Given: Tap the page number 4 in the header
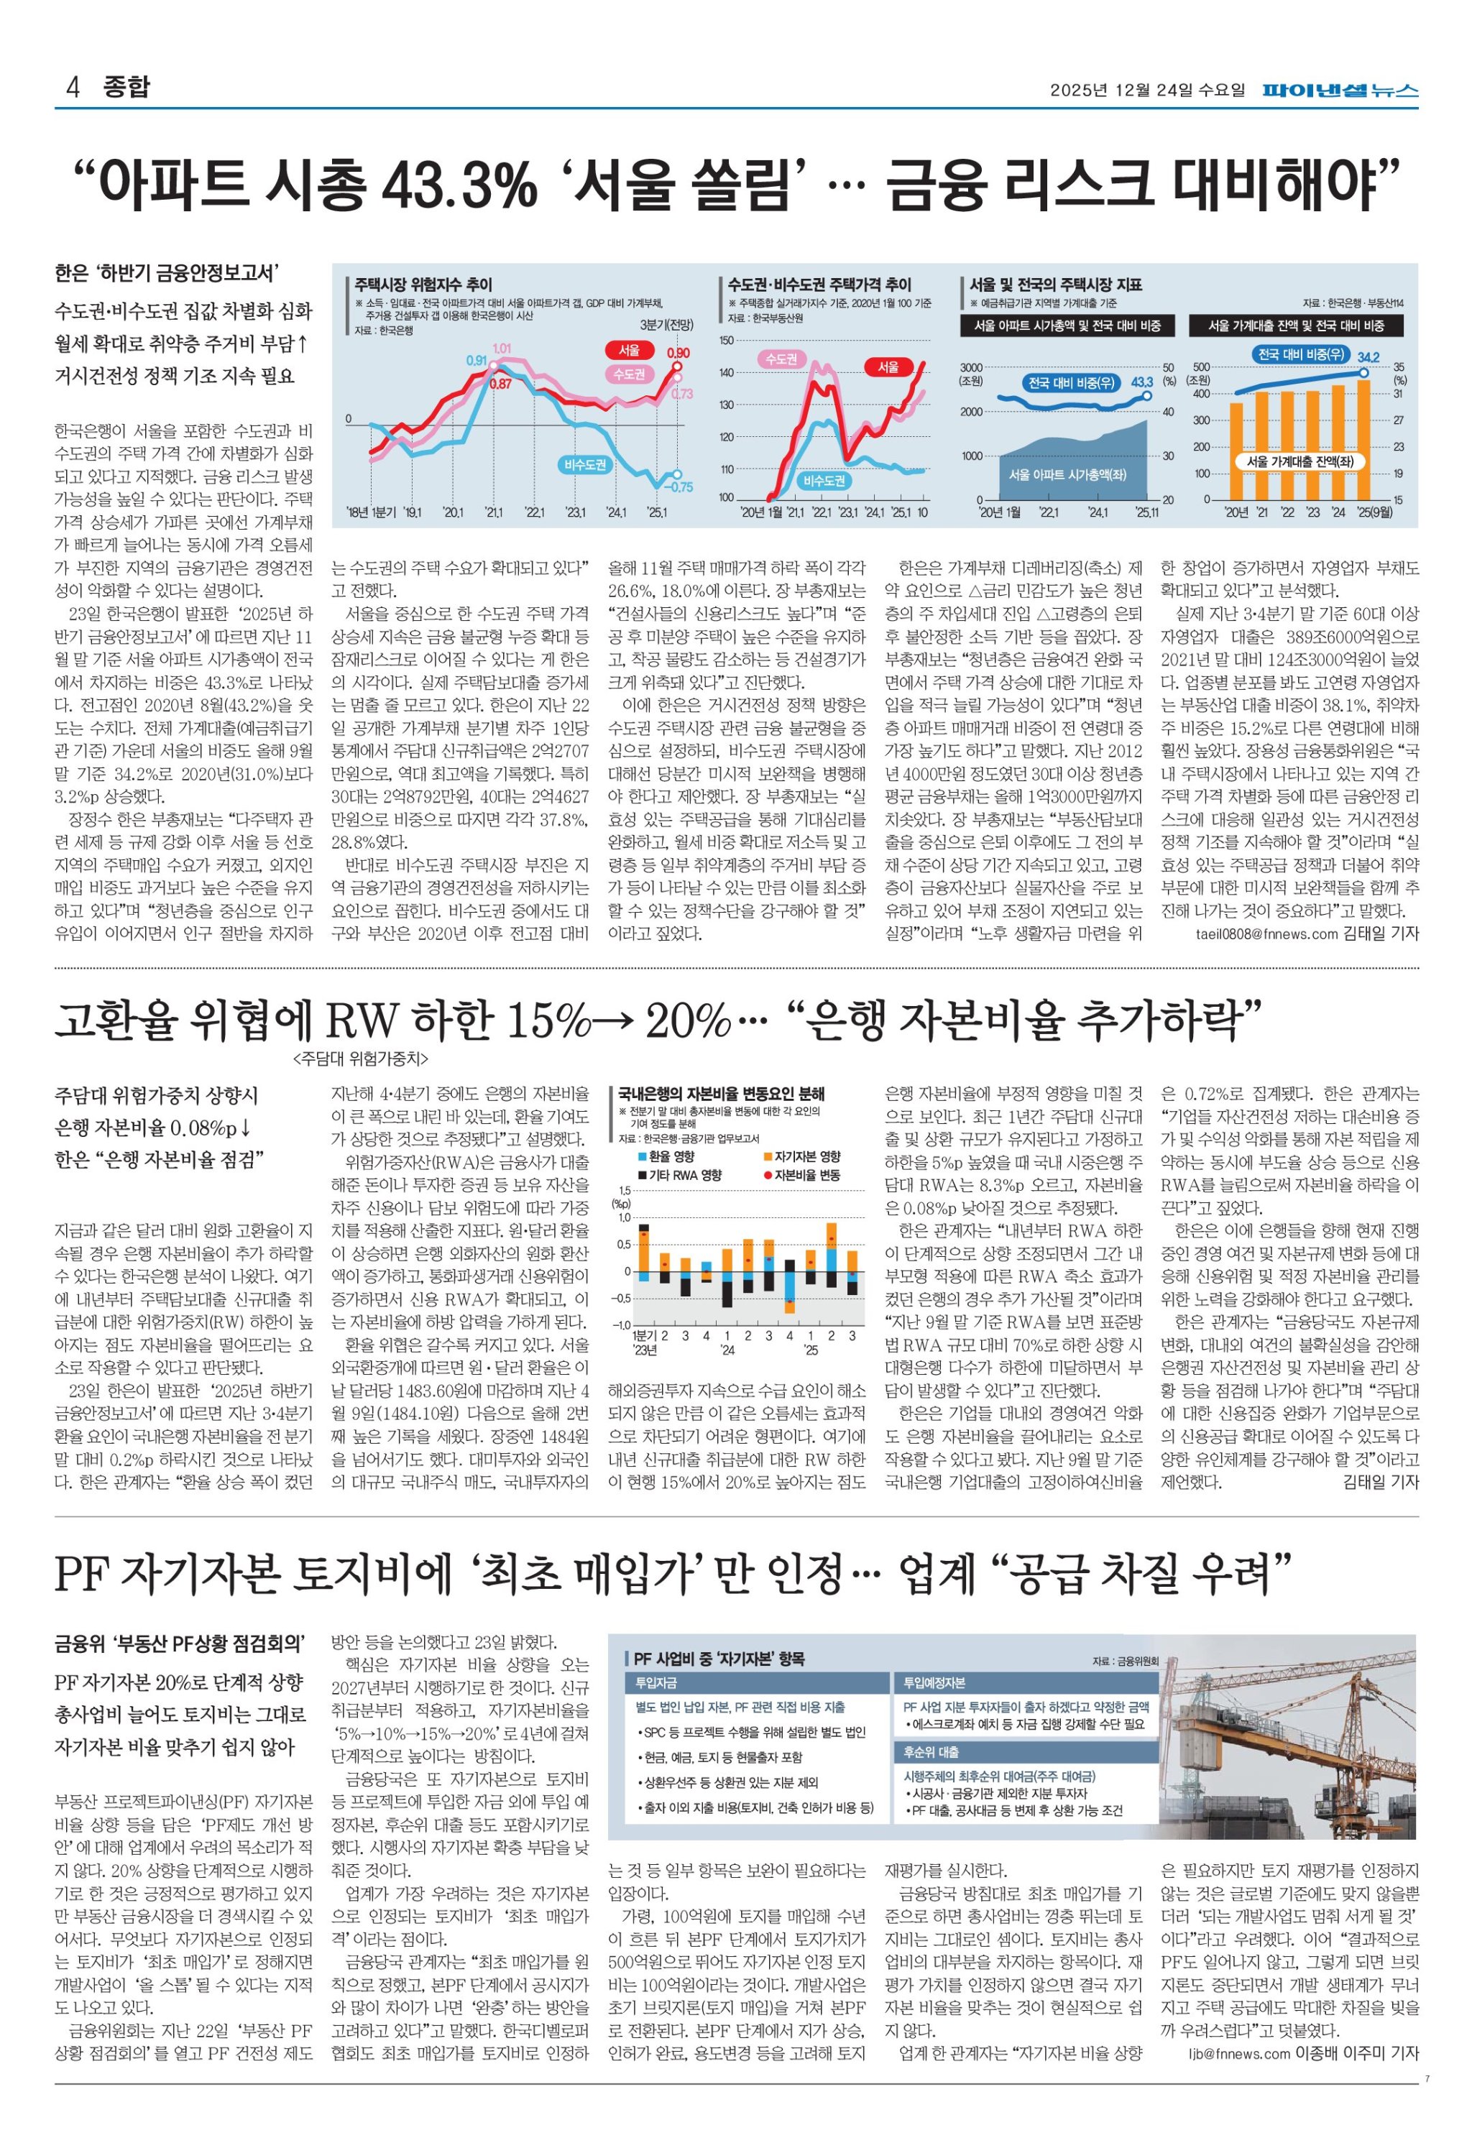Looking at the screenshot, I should click(x=72, y=88).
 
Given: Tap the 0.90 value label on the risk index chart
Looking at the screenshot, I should click(x=678, y=352).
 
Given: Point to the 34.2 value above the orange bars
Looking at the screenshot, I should click(x=1368, y=357).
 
